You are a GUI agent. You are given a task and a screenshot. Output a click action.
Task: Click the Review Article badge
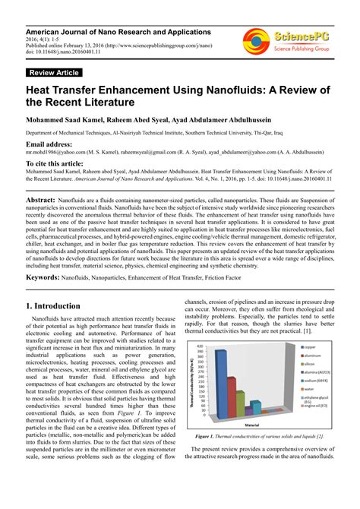[x=53, y=73]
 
